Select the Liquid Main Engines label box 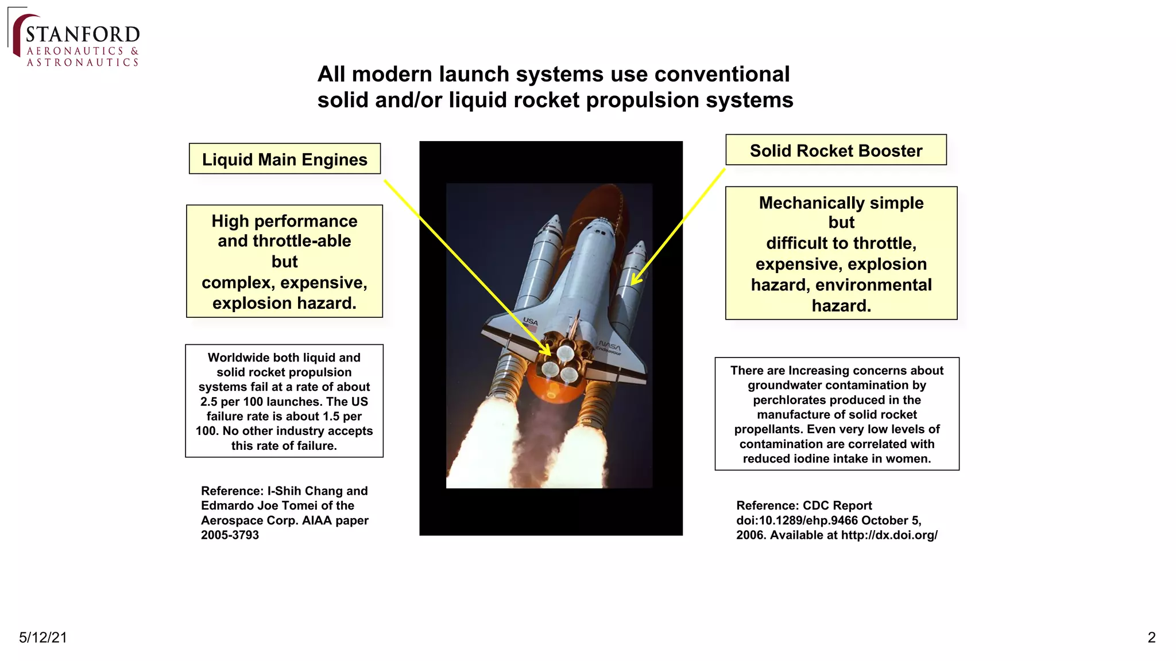284,159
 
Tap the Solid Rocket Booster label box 835,150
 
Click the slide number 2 1151,637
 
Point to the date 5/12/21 43,637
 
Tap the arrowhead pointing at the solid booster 635,280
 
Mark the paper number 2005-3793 230,535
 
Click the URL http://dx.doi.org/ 889,535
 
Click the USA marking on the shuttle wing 530,321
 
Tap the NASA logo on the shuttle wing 609,347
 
